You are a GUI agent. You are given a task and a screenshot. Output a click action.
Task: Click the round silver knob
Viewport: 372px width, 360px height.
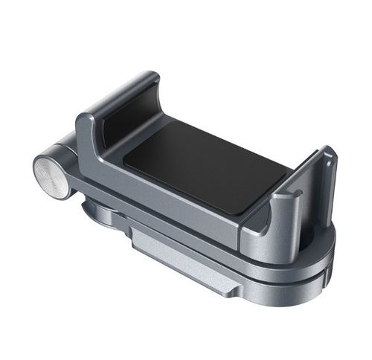coord(51,176)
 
